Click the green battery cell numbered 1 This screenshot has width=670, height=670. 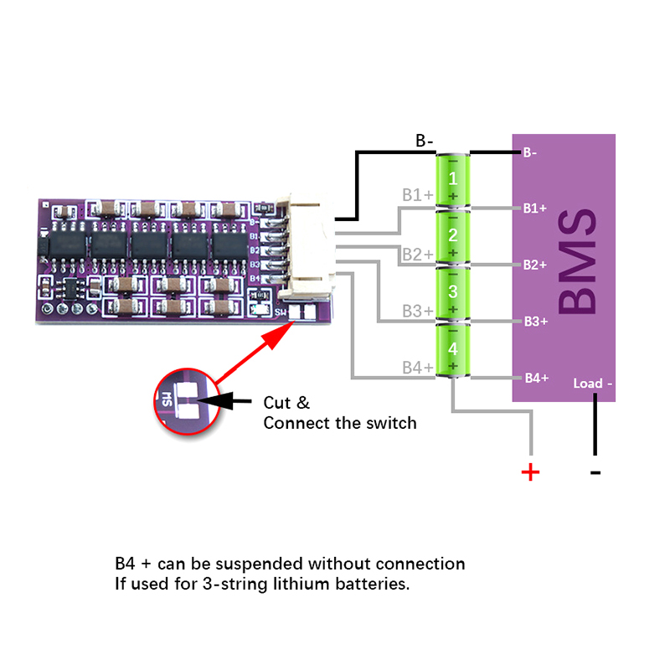[x=453, y=180]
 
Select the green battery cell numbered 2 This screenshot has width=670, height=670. [x=453, y=235]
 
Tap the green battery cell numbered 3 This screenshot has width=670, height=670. [x=453, y=292]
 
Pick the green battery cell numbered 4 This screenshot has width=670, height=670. [x=453, y=350]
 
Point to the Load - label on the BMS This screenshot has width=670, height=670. [x=593, y=384]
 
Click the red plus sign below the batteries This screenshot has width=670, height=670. [x=530, y=472]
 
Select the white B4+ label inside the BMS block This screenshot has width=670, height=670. [x=535, y=378]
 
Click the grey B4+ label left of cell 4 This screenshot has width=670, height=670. [x=417, y=368]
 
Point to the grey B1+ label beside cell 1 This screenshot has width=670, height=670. [x=417, y=195]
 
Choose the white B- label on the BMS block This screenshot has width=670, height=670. [x=530, y=153]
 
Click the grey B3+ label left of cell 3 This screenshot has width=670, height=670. [x=417, y=311]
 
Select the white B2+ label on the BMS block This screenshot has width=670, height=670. [x=535, y=265]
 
